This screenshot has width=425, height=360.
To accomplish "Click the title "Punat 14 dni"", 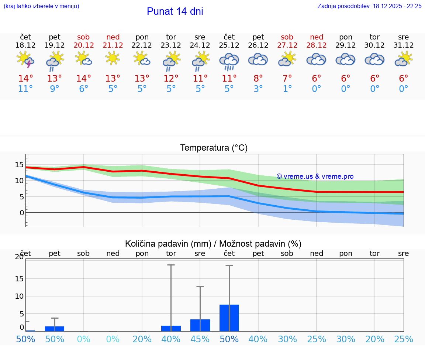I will point(175,11).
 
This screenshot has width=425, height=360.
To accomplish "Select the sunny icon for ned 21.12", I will point(113,58).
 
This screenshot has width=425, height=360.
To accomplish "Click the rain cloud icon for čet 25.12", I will point(229,61).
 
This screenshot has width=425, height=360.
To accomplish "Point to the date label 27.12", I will point(287,45).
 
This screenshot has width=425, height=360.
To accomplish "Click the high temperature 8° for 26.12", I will point(258,78).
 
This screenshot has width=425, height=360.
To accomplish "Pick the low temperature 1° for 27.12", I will point(287,89).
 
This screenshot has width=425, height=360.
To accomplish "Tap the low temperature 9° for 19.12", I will point(55,89).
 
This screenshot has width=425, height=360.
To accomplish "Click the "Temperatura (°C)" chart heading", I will point(214,148).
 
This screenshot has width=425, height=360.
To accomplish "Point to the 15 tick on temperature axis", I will point(20,165).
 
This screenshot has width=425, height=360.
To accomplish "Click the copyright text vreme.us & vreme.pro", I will point(315,176).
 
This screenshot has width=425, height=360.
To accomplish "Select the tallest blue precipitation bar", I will point(229,318).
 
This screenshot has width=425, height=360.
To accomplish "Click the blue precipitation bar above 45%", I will point(200,325).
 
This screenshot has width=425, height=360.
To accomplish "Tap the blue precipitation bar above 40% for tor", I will point(171,328).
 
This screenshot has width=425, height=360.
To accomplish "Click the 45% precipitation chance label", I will point(200,339).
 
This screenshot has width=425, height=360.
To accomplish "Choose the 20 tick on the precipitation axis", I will point(19,257).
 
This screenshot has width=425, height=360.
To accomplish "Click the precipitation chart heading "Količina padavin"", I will point(213,244).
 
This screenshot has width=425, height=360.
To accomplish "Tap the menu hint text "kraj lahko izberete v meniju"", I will point(41,6).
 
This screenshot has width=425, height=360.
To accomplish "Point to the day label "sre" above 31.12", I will point(404,37).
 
